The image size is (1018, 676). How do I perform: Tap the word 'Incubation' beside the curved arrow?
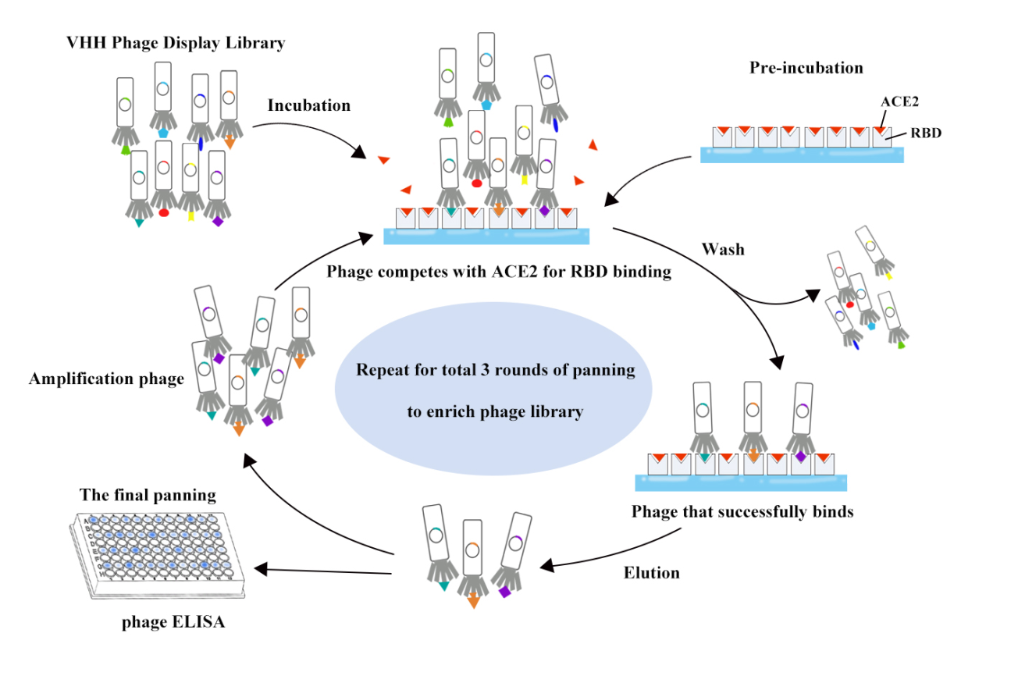[x=308, y=105]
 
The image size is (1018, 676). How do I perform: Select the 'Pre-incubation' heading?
[x=806, y=68]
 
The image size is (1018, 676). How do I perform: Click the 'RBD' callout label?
[x=925, y=133]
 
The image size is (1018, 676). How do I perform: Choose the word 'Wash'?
[x=722, y=250]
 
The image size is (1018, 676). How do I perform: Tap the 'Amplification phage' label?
[x=106, y=379]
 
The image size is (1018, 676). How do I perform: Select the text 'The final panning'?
[x=148, y=495]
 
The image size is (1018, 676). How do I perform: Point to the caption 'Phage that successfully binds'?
[x=742, y=512]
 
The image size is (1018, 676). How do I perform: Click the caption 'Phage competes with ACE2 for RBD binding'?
[x=499, y=272]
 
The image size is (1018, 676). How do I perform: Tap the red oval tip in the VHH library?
[x=164, y=212]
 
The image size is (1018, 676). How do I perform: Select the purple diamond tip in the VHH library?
[x=218, y=222]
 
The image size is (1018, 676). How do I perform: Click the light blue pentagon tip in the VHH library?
[x=162, y=133]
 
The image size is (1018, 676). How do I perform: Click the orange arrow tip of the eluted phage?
[x=472, y=600]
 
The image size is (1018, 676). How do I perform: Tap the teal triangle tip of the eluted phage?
[x=443, y=585]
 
